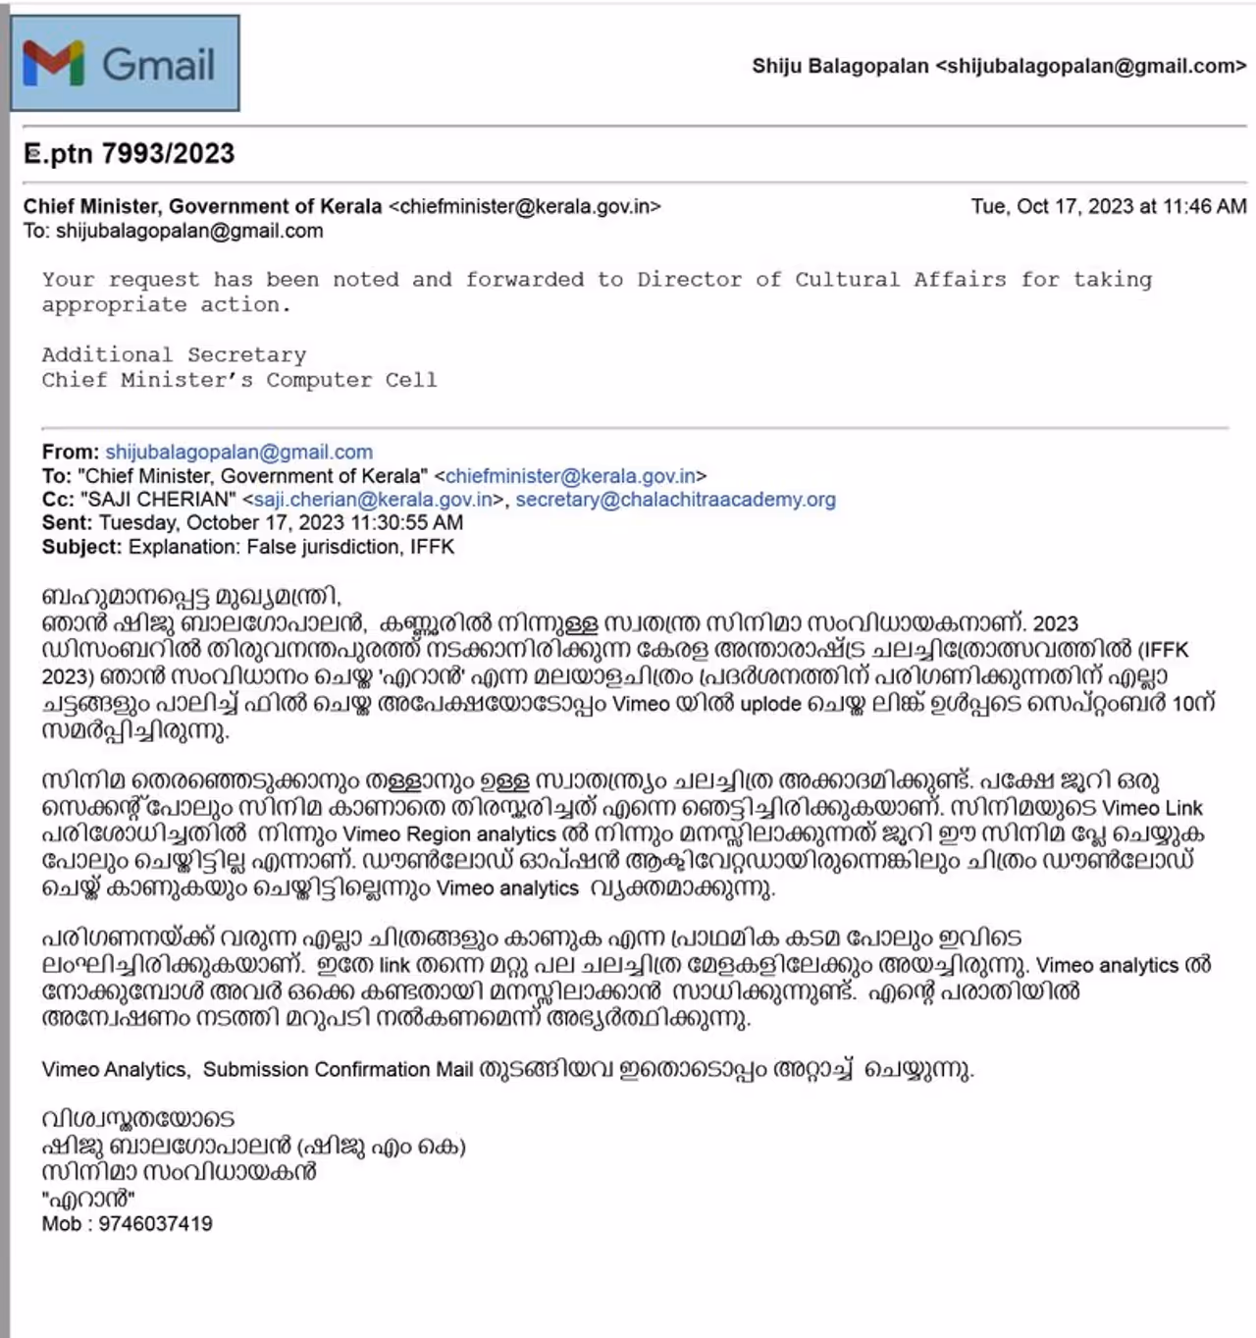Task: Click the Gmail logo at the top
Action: pos(124,64)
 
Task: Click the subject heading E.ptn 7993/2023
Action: pos(130,153)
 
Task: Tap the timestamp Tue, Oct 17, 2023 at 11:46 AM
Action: pos(1109,206)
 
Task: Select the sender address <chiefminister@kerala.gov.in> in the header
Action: pos(525,206)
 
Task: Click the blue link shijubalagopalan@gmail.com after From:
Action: pos(238,453)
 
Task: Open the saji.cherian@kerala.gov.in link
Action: pos(373,500)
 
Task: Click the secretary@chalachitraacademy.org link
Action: pos(675,500)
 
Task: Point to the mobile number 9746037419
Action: pos(155,1224)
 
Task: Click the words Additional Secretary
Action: pos(174,354)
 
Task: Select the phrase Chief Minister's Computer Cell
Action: pos(238,380)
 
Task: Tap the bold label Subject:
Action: pos(82,547)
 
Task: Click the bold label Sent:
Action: pos(68,523)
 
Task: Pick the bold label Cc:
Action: pos(58,500)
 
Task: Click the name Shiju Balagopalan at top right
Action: pos(840,66)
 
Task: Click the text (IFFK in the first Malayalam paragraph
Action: pos(1163,650)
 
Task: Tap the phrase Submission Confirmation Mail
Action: pos(338,1070)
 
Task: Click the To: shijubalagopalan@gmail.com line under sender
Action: pos(173,232)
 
